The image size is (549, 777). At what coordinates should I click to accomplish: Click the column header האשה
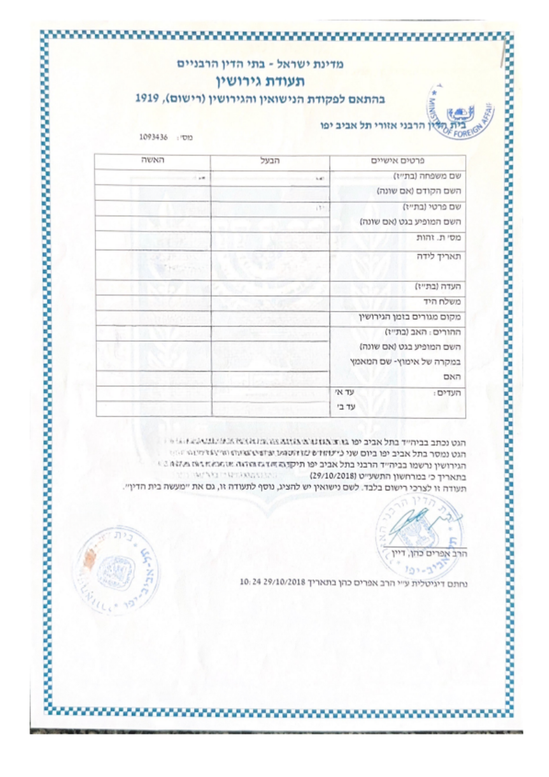click(x=152, y=160)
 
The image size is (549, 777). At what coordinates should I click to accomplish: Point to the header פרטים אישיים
click(x=398, y=161)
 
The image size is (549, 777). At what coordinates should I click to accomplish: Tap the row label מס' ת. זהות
click(x=438, y=237)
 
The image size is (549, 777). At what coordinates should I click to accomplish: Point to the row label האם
click(x=452, y=377)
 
